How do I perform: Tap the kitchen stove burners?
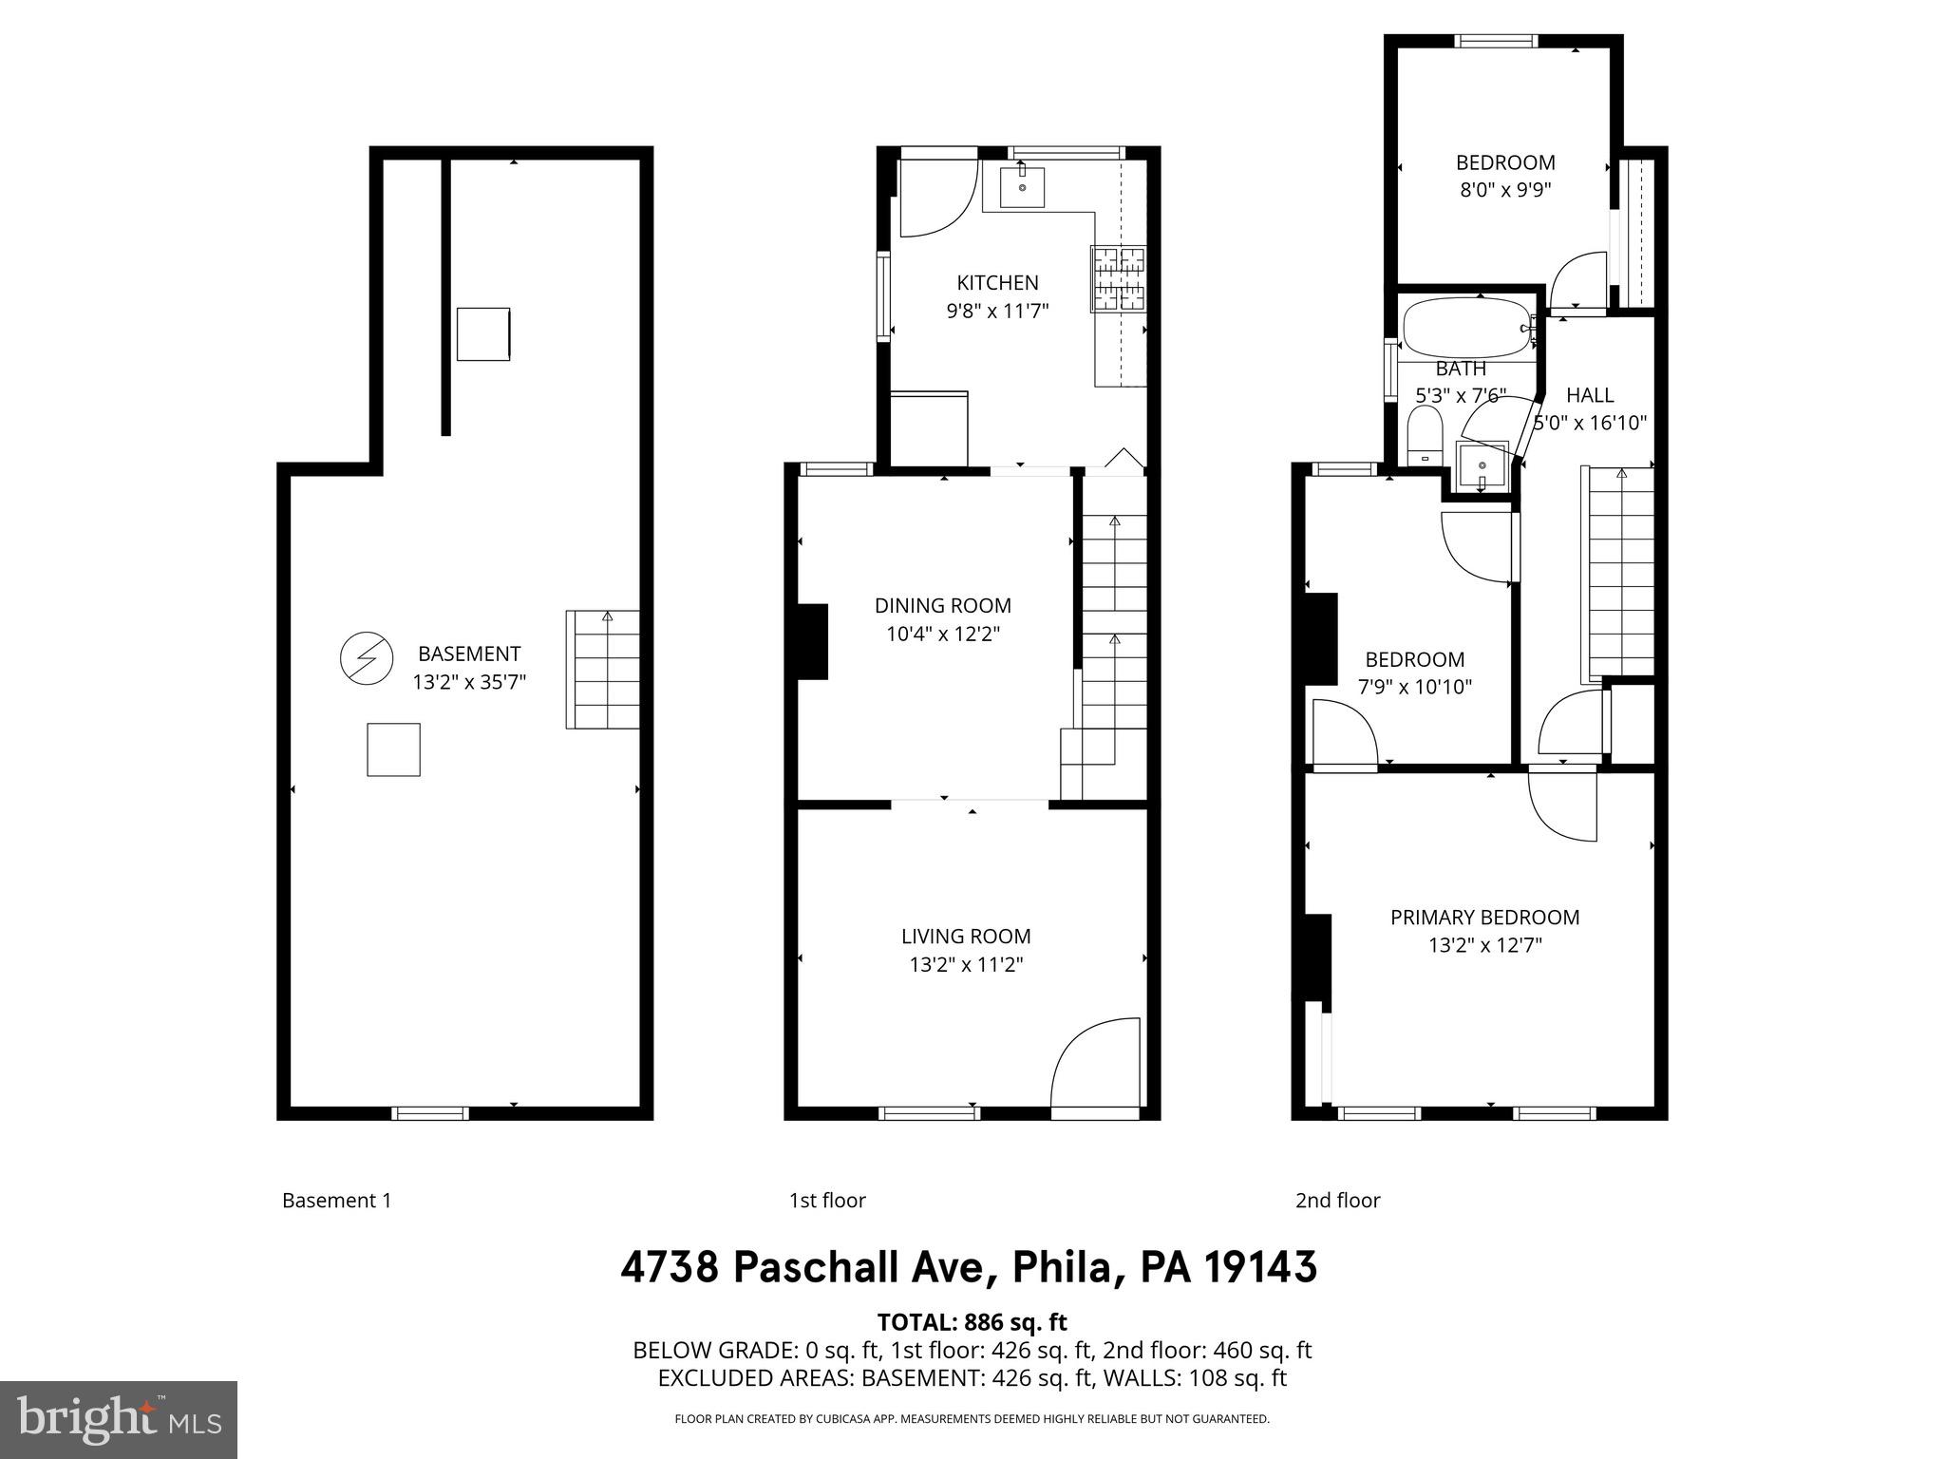1119,278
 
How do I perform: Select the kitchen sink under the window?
1022,187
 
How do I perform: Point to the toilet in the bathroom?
1425,438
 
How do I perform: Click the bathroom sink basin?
1482,466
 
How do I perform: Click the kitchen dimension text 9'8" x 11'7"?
997,311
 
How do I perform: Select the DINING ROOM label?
942,605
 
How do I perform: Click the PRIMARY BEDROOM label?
1484,917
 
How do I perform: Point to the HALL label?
1590,395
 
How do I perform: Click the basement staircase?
602,670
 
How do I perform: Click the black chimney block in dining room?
811,641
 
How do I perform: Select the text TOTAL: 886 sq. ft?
972,1322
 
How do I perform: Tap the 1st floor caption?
827,1201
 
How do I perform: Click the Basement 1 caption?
336,1201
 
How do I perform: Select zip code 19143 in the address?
1261,1267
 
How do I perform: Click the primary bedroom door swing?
1561,807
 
